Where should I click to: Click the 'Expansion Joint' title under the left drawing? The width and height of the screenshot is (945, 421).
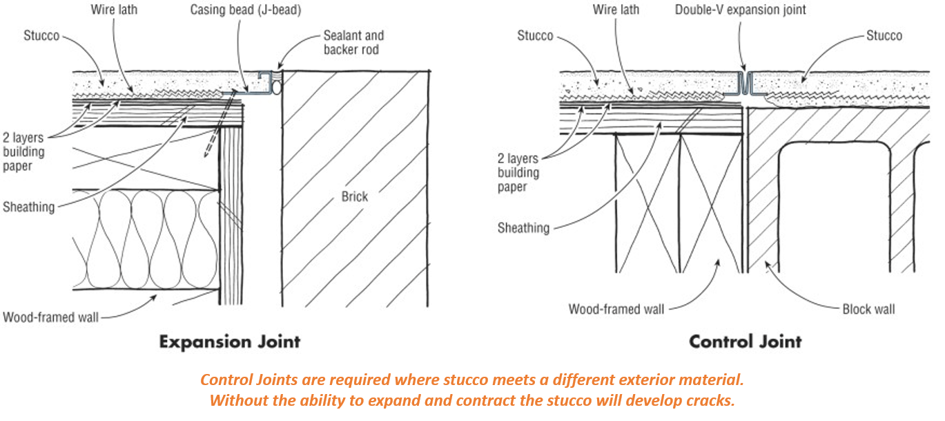tap(230, 342)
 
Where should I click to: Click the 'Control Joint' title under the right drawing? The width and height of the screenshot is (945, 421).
tap(746, 342)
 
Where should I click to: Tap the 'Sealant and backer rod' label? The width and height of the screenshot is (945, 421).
tap(353, 42)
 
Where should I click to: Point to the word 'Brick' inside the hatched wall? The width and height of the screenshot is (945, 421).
tap(355, 196)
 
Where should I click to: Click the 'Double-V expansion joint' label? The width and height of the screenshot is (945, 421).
tap(740, 10)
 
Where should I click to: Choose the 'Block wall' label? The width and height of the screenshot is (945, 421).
tap(868, 309)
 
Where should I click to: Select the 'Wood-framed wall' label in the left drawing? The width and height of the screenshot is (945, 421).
tap(50, 317)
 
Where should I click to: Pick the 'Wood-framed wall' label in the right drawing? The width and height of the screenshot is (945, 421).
tap(616, 309)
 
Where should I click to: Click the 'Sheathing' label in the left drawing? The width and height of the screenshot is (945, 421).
tap(28, 207)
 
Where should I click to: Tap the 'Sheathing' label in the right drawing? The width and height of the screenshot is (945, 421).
tap(523, 228)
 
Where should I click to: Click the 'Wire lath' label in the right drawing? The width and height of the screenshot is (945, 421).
tap(616, 10)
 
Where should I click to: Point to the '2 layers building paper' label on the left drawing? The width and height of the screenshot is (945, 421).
tap(25, 152)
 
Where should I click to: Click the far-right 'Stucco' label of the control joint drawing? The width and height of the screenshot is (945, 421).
tap(884, 35)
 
